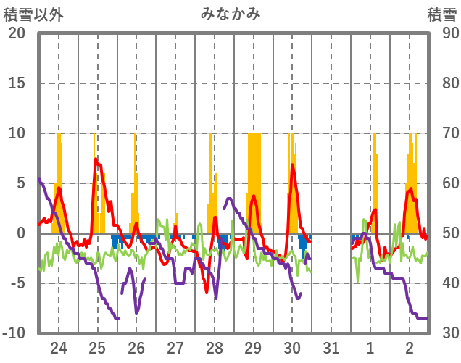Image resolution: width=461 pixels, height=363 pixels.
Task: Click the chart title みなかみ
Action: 230,14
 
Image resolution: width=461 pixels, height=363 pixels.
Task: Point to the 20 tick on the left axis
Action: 17,33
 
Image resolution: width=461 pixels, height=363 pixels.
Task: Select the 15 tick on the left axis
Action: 17,83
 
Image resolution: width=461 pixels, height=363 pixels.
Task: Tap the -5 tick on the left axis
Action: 17,283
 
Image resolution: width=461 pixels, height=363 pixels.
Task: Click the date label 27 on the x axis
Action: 175,348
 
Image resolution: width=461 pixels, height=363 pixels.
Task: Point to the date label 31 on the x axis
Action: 331,348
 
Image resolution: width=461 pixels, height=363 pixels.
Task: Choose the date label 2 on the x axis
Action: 410,348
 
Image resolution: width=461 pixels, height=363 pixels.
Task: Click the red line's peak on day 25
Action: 96,159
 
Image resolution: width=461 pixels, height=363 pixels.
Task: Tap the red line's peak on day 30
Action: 292,165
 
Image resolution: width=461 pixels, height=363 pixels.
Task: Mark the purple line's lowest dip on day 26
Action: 136,313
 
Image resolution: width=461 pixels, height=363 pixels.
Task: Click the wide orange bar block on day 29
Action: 254,181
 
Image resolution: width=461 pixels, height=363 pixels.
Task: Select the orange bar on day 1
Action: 374,181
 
